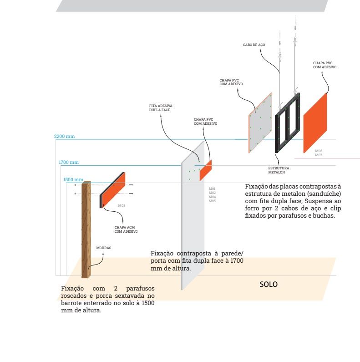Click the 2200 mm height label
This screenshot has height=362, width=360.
coord(64,136)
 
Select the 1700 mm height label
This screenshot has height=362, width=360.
coord(68,162)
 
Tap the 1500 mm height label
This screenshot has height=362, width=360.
coord(73,180)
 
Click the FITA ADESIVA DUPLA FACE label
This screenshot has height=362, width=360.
coord(161,108)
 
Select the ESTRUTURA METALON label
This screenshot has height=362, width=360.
coord(279,170)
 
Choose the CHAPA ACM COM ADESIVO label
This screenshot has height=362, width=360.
coord(126,229)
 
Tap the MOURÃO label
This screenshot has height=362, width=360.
coord(104,248)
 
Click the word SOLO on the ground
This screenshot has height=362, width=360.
coord(269,284)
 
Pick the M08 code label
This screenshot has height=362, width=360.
coord(122,205)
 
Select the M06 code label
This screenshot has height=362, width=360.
coord(319,151)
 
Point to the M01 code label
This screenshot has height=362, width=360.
coord(212,189)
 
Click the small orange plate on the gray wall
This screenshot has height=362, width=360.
coord(206,170)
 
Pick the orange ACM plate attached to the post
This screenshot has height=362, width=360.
coord(113,190)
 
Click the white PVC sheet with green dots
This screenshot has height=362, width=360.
coord(260,123)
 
